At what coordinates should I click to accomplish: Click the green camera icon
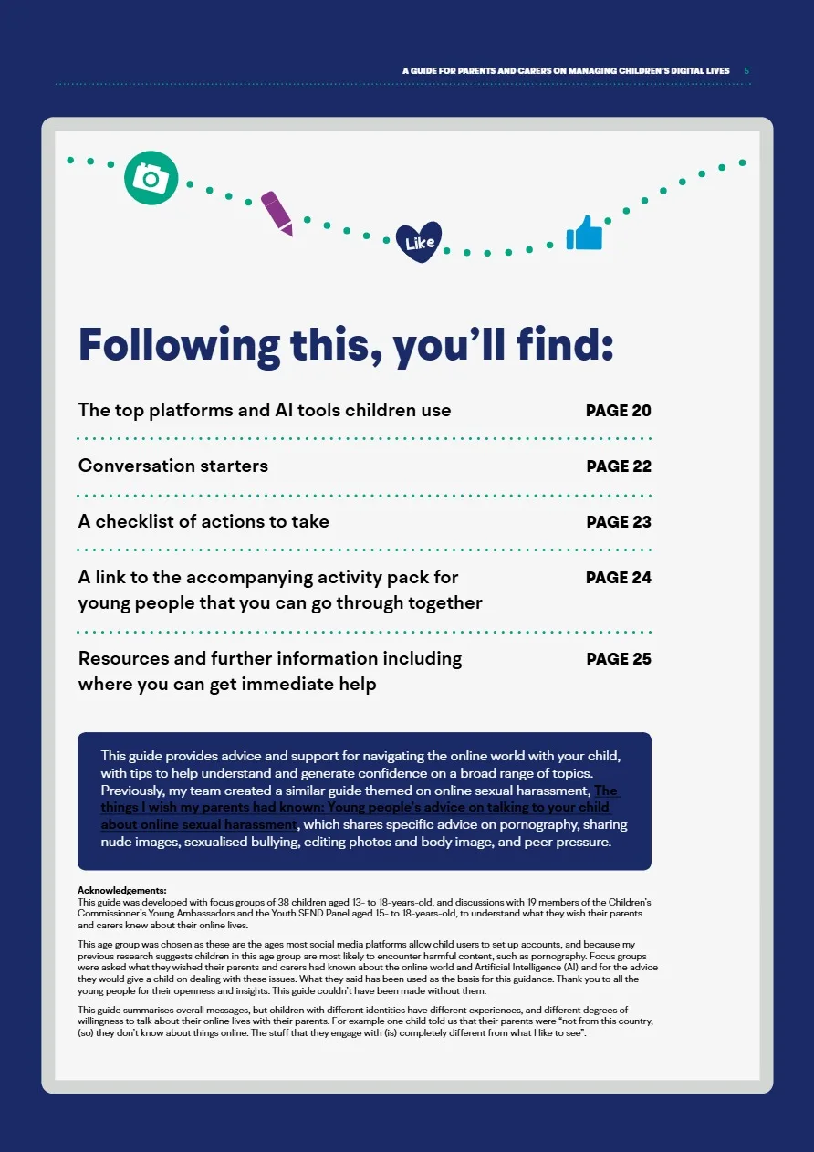coord(151,177)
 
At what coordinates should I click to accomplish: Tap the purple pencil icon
coord(277,213)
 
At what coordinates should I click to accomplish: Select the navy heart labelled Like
coord(419,242)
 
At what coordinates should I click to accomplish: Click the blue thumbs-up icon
coord(585,234)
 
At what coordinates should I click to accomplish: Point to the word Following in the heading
coord(179,345)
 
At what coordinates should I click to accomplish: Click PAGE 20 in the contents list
coord(618,411)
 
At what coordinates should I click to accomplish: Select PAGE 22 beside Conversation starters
coord(618,466)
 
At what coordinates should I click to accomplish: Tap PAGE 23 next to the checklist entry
coord(618,522)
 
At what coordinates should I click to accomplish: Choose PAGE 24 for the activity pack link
coord(618,578)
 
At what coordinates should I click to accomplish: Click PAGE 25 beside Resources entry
coord(618,659)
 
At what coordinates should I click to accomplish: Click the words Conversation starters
coord(173,466)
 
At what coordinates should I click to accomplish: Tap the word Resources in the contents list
coord(122,659)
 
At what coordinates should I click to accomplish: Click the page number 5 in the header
coord(746,70)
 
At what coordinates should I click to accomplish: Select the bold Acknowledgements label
coord(122,890)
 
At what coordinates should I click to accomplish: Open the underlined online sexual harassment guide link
coord(356,808)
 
